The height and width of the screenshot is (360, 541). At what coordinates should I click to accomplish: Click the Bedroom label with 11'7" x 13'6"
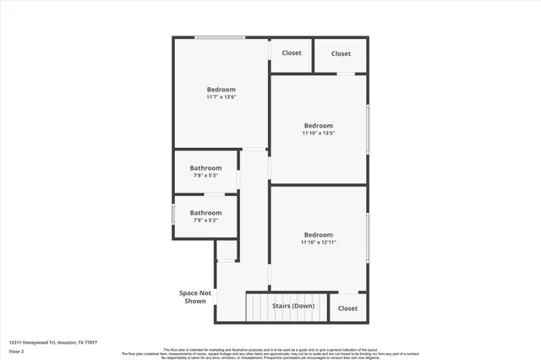pos(221,90)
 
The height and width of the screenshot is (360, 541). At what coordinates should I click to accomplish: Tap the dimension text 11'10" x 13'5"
pos(319,134)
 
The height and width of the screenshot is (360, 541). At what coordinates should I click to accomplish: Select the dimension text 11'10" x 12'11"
pos(319,243)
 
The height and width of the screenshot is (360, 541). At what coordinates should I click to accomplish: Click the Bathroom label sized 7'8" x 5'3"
pos(205,167)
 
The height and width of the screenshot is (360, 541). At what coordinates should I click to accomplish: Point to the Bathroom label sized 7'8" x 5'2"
pos(205,213)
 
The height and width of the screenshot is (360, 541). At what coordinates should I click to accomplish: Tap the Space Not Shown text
pos(194,297)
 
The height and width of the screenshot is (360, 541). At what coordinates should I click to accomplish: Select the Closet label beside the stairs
pos(347,308)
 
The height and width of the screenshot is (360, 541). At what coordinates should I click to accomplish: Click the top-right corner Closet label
pos(341,53)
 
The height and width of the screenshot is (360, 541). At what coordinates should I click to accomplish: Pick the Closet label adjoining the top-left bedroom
pos(292,53)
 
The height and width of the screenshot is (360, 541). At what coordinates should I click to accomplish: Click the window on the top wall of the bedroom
pos(221,37)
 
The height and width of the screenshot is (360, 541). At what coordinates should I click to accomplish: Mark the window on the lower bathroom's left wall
pos(173,215)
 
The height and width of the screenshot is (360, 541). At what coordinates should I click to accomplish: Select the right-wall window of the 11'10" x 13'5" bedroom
pos(368,128)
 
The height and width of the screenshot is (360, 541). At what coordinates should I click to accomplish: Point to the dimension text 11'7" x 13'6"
pos(221,97)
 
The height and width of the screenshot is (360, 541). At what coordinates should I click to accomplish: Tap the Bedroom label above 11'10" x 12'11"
pos(319,235)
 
